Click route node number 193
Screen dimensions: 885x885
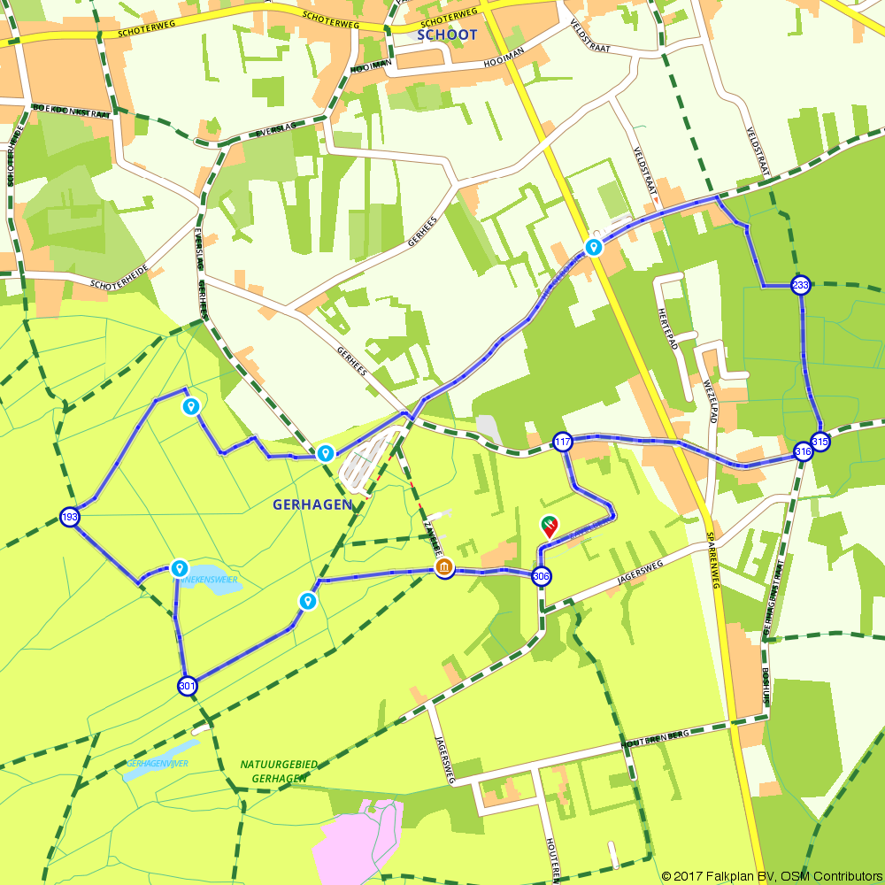[70, 517]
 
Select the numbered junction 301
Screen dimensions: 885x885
[187, 685]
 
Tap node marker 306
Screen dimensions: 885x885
[542, 576]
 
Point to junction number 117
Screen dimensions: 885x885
[563, 442]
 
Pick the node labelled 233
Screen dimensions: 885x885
[801, 285]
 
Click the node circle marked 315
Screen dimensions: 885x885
[820, 441]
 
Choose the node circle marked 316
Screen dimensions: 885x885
[803, 452]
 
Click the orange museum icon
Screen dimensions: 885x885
[444, 568]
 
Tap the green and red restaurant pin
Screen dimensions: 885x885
[550, 527]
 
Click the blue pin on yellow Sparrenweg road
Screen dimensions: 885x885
[594, 247]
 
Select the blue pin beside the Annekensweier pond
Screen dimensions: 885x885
[180, 567]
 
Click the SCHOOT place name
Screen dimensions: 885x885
[446, 35]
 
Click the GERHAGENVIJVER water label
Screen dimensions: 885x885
[158, 763]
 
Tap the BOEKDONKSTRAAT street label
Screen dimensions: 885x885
[71, 112]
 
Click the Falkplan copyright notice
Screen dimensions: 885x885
[771, 876]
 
